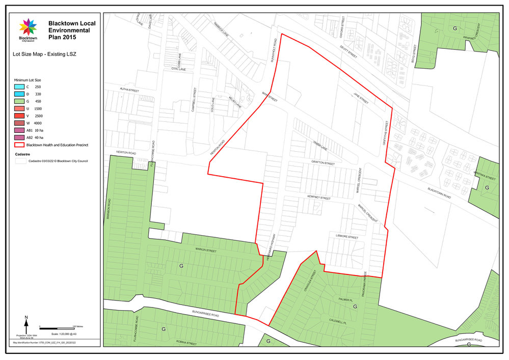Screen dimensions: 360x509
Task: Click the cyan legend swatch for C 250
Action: pyautogui.click(x=21, y=88)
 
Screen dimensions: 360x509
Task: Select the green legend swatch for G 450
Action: pyautogui.click(x=21, y=102)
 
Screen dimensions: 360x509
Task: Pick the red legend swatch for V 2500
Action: pyautogui.click(x=21, y=116)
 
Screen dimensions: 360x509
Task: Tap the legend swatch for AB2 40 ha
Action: pyautogui.click(x=21, y=137)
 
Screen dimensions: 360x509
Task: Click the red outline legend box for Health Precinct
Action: pyautogui.click(x=21, y=145)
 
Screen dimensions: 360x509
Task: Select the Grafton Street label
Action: pyautogui.click(x=323, y=163)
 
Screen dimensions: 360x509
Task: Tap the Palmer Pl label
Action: pyautogui.click(x=346, y=300)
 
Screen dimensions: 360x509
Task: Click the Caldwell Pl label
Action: pyautogui.click(x=338, y=323)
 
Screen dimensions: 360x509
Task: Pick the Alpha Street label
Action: pyautogui.click(x=129, y=90)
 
